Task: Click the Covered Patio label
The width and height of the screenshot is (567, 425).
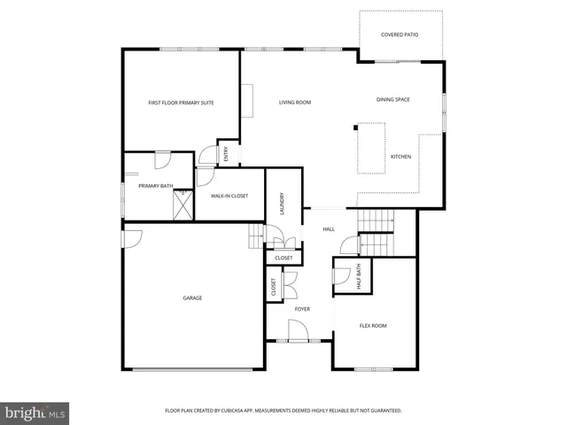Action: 400,35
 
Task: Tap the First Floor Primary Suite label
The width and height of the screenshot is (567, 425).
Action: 181,103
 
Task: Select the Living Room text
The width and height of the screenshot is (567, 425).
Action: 295,103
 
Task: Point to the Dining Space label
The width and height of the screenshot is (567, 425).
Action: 392,99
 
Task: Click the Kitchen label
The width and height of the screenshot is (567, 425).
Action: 400,157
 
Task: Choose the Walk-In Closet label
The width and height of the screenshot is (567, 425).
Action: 229,195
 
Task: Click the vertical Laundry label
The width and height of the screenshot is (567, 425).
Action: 282,203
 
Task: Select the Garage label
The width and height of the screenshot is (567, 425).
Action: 192,297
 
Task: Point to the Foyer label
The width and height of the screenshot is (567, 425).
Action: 302,309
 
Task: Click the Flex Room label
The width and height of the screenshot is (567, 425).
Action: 373,326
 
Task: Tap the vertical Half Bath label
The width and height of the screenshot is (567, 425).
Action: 359,276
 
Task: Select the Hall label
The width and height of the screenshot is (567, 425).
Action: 329,229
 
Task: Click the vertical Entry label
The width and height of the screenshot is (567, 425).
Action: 226,155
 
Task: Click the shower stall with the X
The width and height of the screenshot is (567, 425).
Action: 183,205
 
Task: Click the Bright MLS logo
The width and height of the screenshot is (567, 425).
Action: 35,413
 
